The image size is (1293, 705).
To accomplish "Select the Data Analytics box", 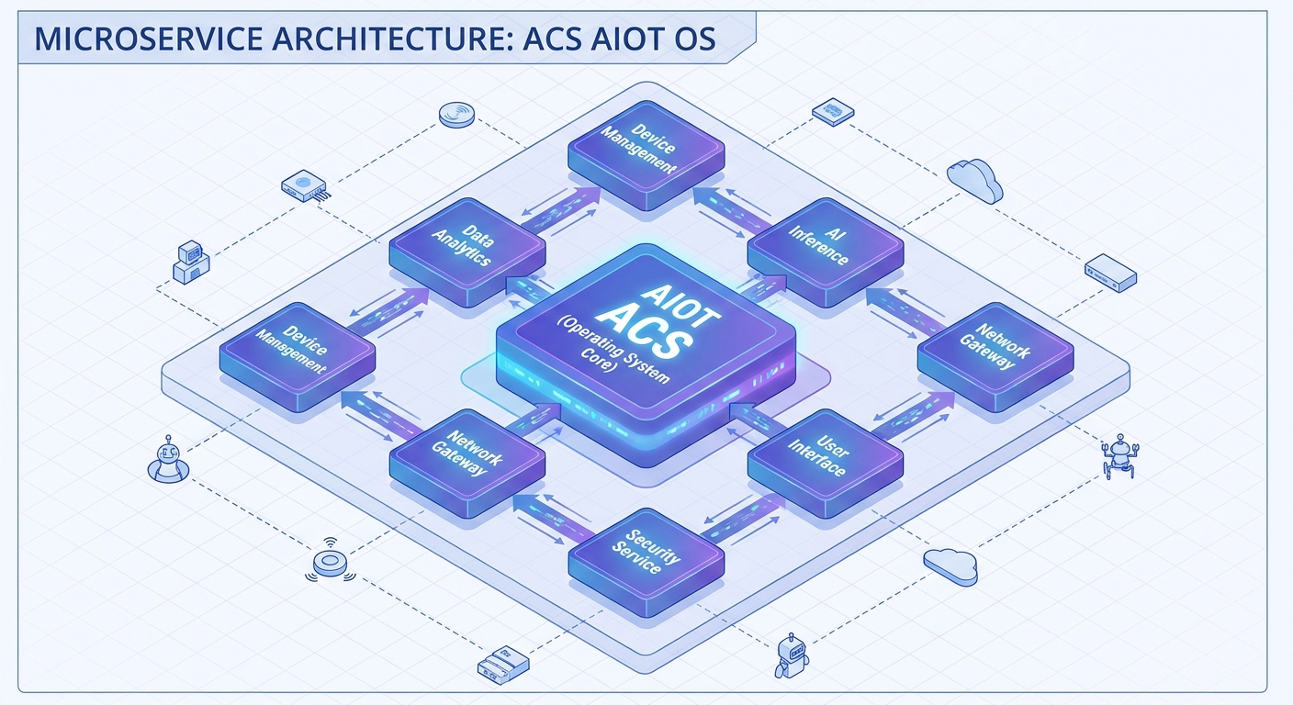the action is coord(467,251).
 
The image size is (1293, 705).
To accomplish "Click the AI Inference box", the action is coord(826,251).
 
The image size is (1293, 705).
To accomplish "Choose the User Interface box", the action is coord(826,463).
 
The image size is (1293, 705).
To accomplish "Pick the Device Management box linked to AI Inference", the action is coord(646,154).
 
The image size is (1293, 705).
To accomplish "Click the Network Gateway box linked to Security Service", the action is coord(467,463).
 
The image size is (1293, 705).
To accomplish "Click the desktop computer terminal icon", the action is coord(191,263).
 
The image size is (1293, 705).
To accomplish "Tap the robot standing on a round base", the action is coord(168,460).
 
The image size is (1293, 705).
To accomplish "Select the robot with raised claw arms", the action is coord(1119,455).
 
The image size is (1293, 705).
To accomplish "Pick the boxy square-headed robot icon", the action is coord(792,655).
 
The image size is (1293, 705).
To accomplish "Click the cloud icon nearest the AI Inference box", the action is coord(975,181).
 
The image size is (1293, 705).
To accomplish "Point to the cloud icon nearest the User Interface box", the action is coord(950,566).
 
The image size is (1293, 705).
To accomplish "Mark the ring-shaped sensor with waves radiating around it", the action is coord(331,561).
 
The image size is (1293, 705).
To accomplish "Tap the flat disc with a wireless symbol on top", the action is coord(456,114).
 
